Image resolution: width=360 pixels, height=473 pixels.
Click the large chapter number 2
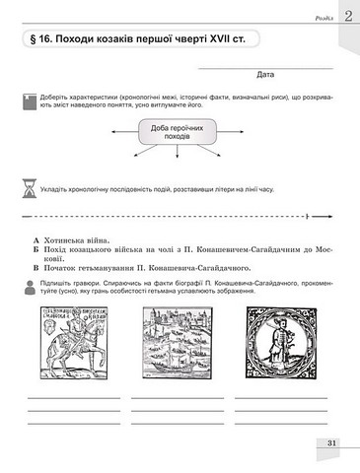pyautogui.click(x=347, y=15)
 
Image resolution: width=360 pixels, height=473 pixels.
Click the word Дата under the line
pyautogui.click(x=264, y=74)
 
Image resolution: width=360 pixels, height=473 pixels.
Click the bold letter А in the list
pyautogui.click(x=36, y=239)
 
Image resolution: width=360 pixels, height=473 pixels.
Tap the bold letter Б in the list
pyautogui.click(x=36, y=250)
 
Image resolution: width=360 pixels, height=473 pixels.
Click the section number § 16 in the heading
pyautogui.click(x=39, y=40)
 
